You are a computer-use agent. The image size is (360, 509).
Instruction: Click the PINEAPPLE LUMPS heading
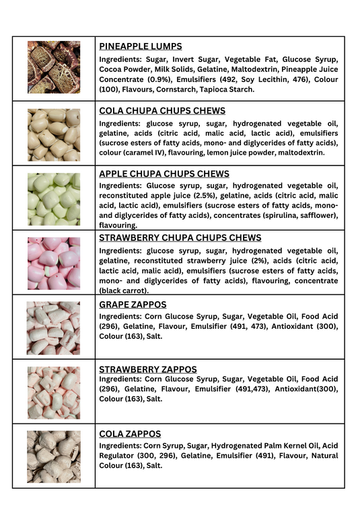point(140,46)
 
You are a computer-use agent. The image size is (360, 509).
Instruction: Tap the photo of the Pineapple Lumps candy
point(53,67)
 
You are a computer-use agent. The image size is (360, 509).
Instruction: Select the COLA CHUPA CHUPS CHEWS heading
point(162,111)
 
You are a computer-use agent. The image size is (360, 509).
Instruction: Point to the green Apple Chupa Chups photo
point(53,199)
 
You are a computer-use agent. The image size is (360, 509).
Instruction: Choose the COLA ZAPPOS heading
point(130,434)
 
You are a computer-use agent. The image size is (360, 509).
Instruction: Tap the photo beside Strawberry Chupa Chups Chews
point(53,263)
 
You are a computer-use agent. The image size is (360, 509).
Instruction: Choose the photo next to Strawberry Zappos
point(53,392)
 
